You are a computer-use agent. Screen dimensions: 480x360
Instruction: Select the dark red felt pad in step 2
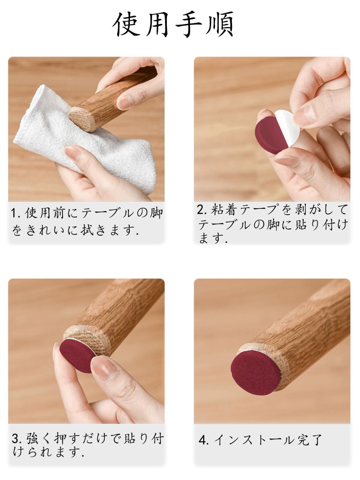pyautogui.click(x=268, y=135)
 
